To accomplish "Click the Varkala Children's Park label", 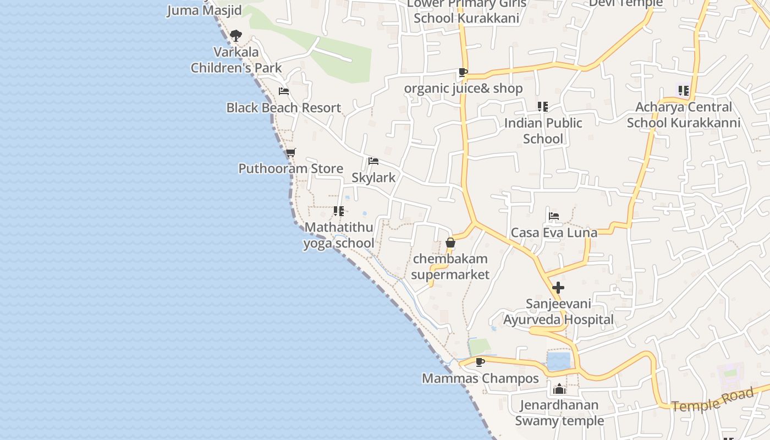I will click(236, 60).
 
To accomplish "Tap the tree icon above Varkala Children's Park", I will click(236, 36).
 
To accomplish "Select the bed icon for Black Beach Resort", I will click(284, 91).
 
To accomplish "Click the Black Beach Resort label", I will click(284, 108).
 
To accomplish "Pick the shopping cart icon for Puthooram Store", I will click(290, 152).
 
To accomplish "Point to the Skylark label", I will click(373, 178).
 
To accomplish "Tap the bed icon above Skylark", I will click(373, 161).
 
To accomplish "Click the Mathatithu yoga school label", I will click(339, 235).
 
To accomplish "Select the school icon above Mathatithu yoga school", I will click(339, 211).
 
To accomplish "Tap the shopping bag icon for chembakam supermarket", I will click(450, 243).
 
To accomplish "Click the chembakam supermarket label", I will click(450, 267).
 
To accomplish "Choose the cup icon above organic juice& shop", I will click(463, 72).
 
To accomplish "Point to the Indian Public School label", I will click(543, 131).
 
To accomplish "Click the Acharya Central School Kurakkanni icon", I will click(683, 90).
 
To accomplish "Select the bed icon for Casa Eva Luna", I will click(554, 216).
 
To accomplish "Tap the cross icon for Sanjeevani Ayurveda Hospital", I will click(558, 288).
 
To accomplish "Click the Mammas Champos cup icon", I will click(480, 362).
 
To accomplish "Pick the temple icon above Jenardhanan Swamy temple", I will click(559, 389).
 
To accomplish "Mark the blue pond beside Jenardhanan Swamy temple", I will click(559, 362).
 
